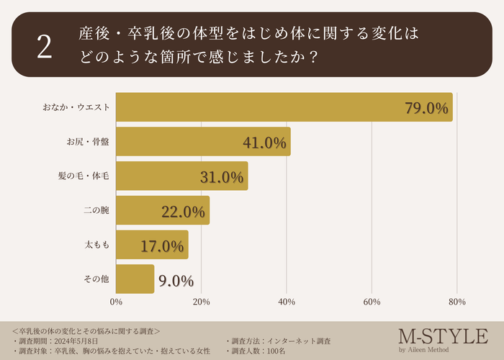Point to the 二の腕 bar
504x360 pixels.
tap(162, 210)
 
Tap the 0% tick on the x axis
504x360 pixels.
tap(116, 302)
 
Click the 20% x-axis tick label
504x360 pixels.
tap(201, 302)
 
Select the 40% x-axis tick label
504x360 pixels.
tap(287, 302)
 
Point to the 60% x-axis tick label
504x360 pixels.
tap(372, 302)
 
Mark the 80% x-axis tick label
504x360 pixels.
tap(456, 302)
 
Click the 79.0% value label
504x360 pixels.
tap(427, 109)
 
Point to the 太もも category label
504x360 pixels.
tap(97, 245)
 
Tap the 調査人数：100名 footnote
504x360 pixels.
tap(260, 351)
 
